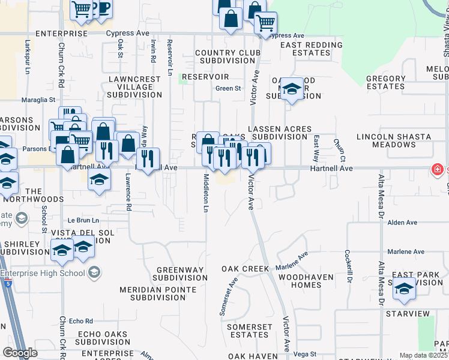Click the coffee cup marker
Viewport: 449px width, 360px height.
[x=103, y=8]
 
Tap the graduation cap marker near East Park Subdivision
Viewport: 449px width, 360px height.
[x=405, y=289]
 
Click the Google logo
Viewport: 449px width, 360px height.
[x=19, y=352]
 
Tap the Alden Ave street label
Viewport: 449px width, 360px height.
[x=402, y=223]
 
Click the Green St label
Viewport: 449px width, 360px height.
[x=228, y=89]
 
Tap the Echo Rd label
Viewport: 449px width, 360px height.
[x=81, y=321]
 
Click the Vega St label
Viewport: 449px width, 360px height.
[x=305, y=355]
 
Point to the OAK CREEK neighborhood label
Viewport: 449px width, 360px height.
[x=246, y=268]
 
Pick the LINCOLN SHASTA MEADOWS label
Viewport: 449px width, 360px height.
[x=395, y=140]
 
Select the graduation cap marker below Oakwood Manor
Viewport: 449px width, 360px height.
[x=292, y=89]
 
